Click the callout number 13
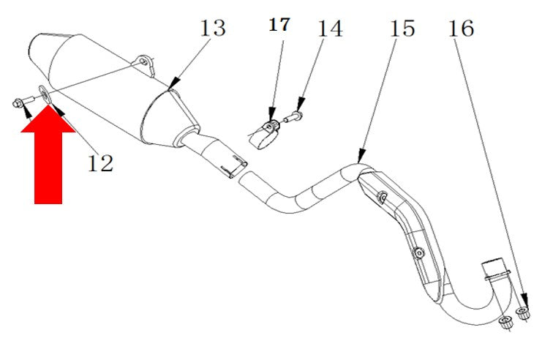pyautogui.click(x=213, y=29)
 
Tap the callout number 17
pyautogui.click(x=279, y=25)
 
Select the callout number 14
pyautogui.click(x=330, y=29)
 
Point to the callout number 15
pyautogui.click(x=402, y=29)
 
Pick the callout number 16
pyautogui.click(x=461, y=29)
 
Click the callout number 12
pyautogui.click(x=100, y=163)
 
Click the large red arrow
pyautogui.click(x=48, y=154)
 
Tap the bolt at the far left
pyautogui.click(x=23, y=102)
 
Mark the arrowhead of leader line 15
pyautogui.click(x=361, y=156)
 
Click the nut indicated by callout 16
pyautogui.click(x=523, y=312)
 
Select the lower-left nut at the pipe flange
pyautogui.click(x=506, y=322)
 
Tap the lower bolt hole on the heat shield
pyautogui.click(x=419, y=253)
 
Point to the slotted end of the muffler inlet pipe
pyautogui.click(x=236, y=167)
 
